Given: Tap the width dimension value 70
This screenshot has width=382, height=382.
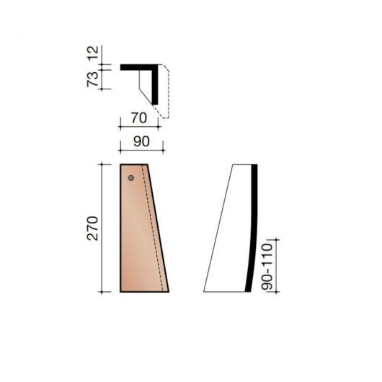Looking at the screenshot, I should tap(140, 115).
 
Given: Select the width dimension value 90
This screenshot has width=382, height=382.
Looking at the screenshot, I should tap(141, 141).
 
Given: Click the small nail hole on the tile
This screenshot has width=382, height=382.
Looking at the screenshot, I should tap(130, 177).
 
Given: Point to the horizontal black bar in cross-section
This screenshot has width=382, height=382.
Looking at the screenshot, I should tap(137, 67).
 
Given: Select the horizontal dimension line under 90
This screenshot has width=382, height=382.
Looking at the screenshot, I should tap(141, 150).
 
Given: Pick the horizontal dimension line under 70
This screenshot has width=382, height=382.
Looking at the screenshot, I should tap(139, 124).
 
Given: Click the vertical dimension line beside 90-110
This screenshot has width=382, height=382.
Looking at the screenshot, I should tap(277, 265).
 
